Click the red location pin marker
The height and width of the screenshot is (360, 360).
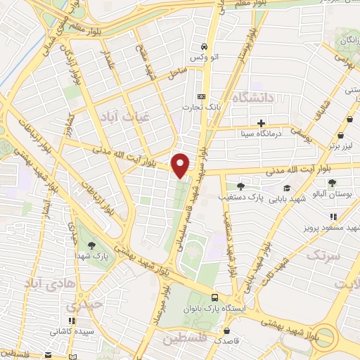[181, 165]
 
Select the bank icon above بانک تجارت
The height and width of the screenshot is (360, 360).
[202, 96]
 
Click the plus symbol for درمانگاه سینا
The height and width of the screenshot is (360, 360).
[261, 123]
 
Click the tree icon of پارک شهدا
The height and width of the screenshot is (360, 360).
[92, 245]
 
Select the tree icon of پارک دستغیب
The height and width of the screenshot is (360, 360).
[240, 186]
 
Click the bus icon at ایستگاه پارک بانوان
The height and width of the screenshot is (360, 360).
[216, 297]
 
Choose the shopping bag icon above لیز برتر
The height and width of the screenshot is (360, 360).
[341, 136]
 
